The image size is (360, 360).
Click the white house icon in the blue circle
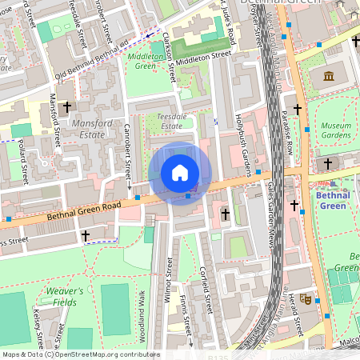pos(180,173)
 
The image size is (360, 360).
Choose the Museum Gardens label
pos(336,130)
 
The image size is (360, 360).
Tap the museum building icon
pos(328,76)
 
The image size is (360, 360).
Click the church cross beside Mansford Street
pos(67,106)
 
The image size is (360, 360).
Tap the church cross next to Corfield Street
pos(225,214)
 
